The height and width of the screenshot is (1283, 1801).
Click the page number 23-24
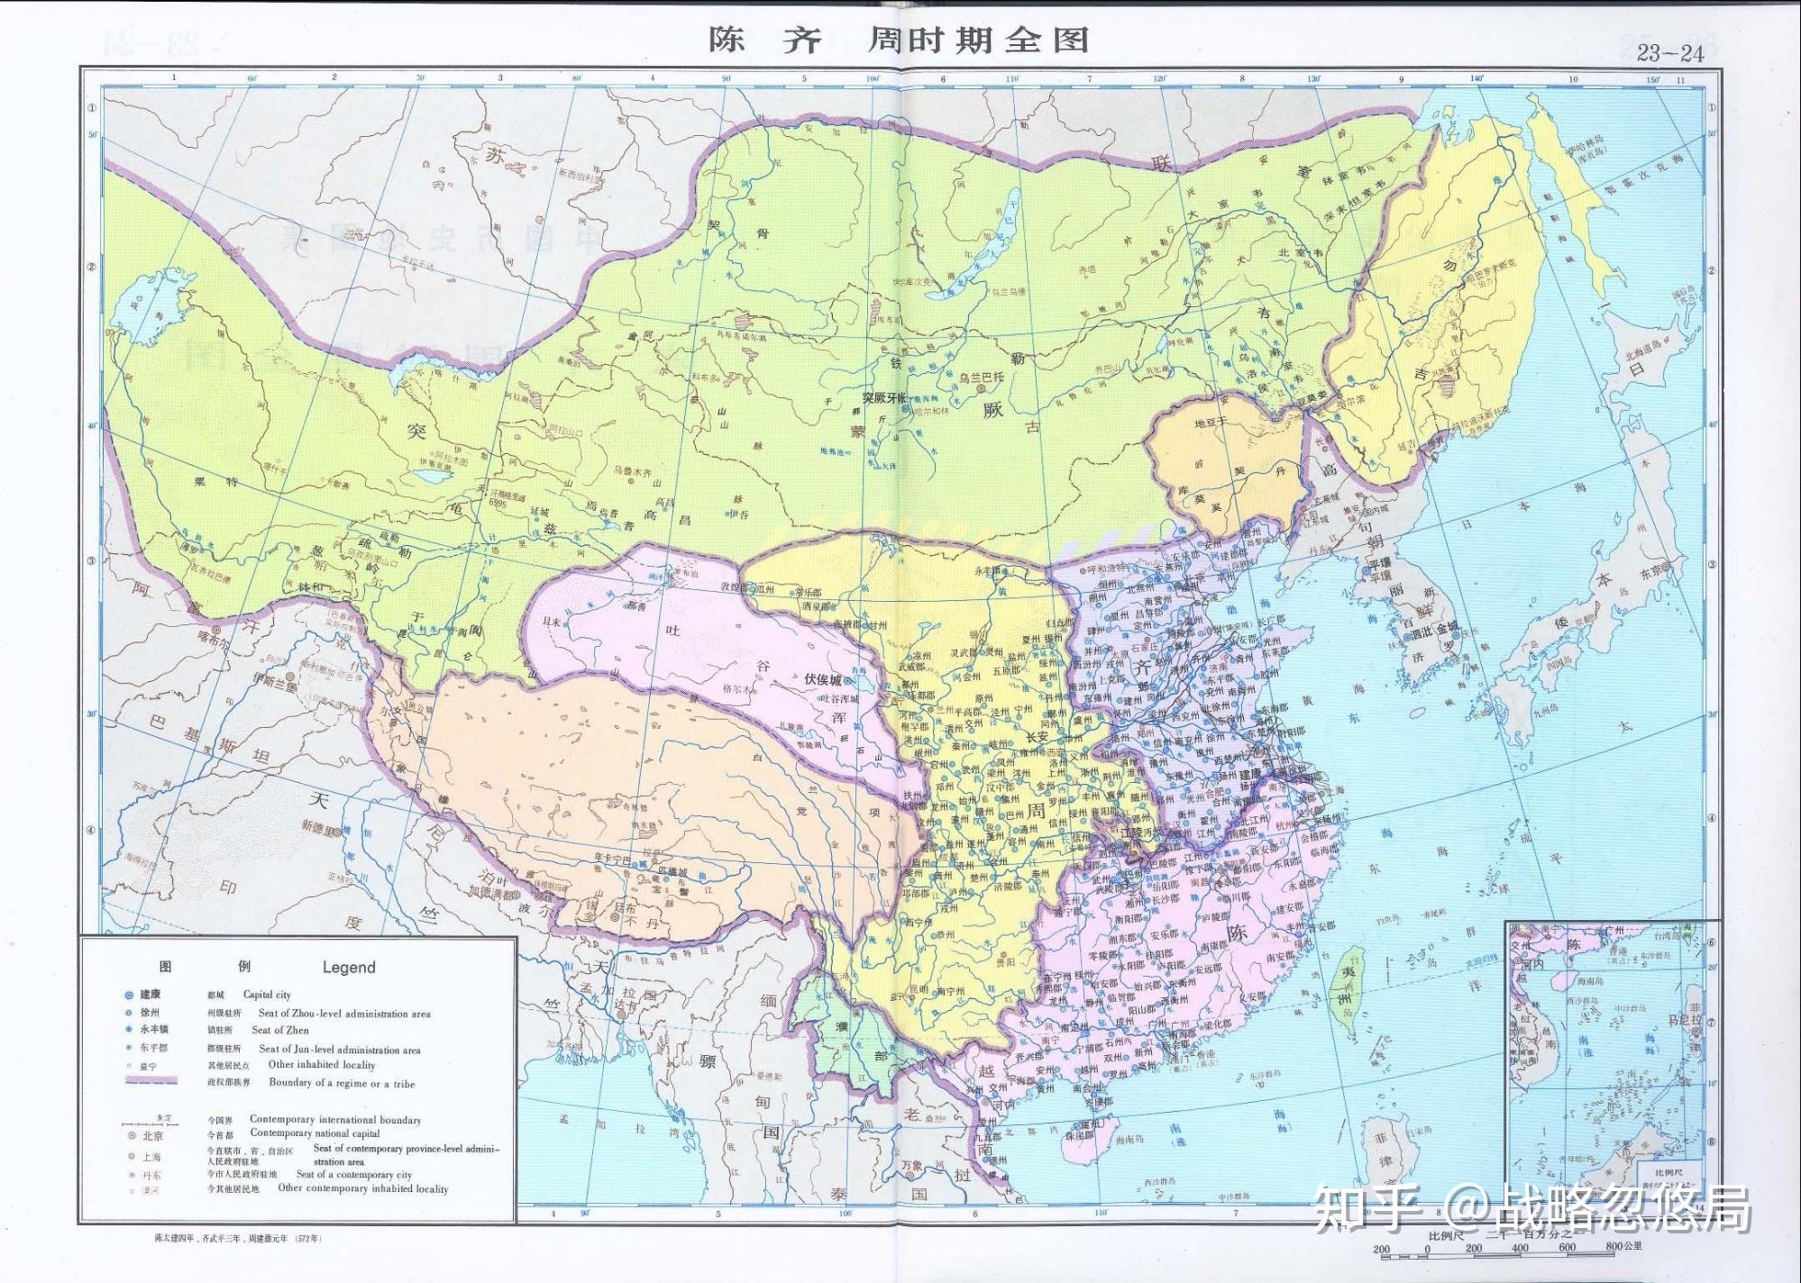1669,53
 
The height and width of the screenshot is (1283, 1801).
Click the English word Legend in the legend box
349,968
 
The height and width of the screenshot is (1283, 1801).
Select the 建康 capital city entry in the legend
150,995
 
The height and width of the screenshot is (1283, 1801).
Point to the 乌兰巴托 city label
980,377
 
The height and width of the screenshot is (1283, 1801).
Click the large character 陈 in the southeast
1238,933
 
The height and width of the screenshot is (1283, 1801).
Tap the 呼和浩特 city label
1107,569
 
